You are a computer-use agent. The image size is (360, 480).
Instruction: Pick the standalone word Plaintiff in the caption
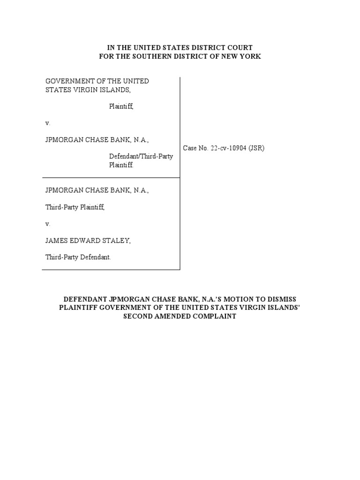121,106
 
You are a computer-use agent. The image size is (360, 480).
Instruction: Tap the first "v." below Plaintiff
48,123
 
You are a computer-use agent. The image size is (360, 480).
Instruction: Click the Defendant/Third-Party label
141,157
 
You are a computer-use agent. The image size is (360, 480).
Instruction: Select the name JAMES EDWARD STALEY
88,240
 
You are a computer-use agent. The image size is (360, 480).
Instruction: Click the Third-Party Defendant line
78,257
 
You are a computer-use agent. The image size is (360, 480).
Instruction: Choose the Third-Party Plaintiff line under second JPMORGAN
75,207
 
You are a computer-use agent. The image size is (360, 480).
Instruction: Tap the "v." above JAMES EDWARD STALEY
48,224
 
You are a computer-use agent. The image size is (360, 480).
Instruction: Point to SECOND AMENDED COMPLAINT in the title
180,316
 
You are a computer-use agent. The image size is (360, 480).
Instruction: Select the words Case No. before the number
195,148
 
